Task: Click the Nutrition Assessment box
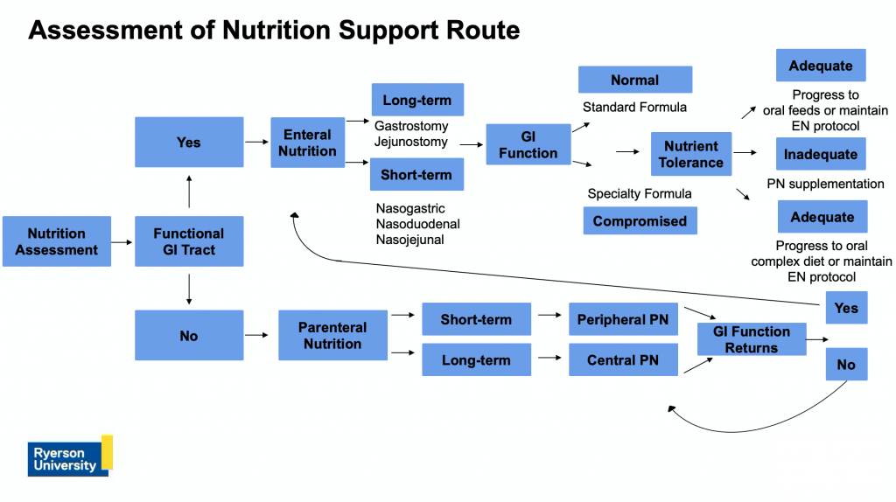tap(57, 241)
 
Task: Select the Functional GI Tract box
tap(189, 241)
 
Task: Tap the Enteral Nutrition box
tap(307, 143)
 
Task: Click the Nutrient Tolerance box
tap(690, 154)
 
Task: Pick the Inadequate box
tap(821, 154)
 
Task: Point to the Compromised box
tap(640, 221)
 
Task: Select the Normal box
tap(634, 80)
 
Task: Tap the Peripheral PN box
tap(622, 319)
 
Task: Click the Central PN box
tap(622, 359)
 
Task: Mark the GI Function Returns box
tap(751, 339)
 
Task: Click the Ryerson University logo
tap(70, 456)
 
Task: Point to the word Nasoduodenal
tap(417, 224)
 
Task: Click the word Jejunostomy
tap(410, 141)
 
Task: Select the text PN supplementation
tap(825, 184)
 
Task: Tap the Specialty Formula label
tap(640, 193)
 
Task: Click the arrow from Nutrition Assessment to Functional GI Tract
tap(122, 241)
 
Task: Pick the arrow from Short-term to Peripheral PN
tap(549, 319)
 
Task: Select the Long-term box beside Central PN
tap(476, 359)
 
